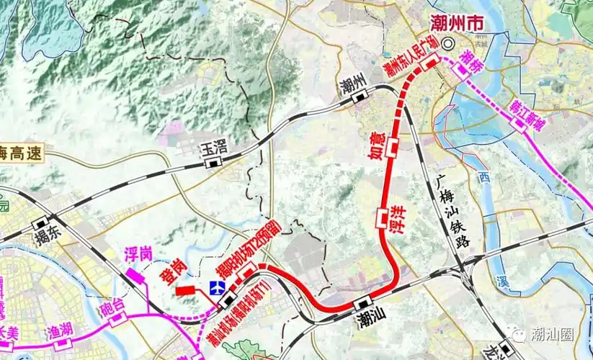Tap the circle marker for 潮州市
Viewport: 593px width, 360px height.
tap(448, 44)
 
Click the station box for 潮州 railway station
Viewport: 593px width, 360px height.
tap(357, 99)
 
